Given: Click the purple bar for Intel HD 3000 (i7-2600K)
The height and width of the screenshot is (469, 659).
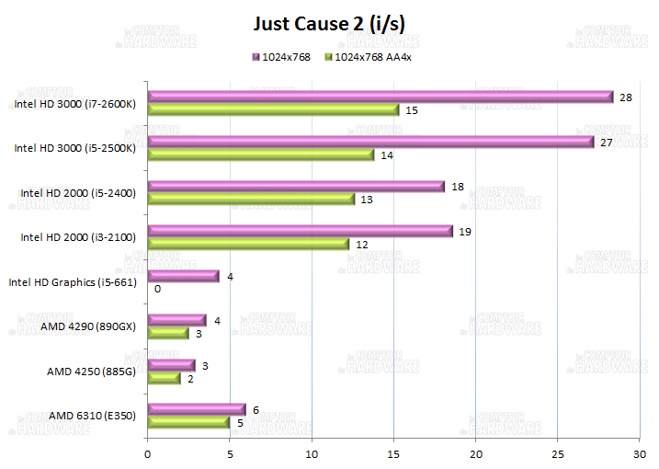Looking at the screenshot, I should [x=380, y=97].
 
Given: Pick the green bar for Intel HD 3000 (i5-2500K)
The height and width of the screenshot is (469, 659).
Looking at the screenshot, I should [x=261, y=154].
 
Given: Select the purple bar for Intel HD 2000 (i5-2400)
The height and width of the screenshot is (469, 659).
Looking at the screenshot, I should [x=296, y=187].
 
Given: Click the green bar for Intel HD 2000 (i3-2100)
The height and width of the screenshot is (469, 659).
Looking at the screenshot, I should [x=248, y=244].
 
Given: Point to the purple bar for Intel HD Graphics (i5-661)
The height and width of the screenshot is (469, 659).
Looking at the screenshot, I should [x=183, y=276].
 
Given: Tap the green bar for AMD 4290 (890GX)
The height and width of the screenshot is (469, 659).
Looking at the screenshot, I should [x=168, y=333].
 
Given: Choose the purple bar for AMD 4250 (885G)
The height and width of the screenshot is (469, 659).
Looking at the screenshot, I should [x=171, y=365].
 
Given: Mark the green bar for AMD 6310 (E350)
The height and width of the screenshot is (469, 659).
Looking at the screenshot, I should [x=188, y=422].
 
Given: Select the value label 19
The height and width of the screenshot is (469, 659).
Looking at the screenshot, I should [x=465, y=232].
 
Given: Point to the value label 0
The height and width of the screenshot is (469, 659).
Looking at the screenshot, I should [x=158, y=289].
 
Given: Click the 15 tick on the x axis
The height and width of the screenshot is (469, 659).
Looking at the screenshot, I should [x=393, y=453].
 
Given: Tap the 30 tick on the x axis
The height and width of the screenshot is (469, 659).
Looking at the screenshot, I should [x=640, y=453].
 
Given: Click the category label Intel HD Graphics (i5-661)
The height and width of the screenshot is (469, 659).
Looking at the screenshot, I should [x=73, y=282].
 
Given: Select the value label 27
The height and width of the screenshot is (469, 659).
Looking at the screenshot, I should [x=607, y=143].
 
